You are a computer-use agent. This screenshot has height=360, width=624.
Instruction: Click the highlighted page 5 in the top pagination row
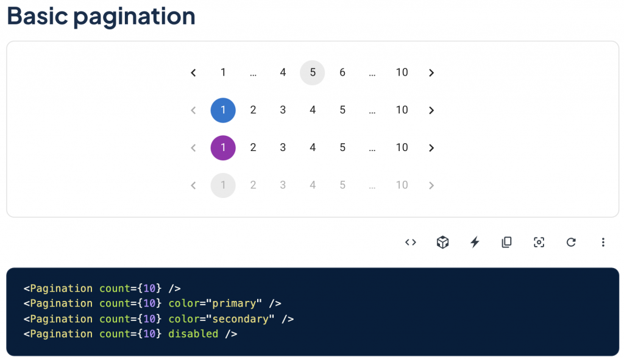312,72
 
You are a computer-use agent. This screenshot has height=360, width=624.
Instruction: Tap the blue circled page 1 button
223,110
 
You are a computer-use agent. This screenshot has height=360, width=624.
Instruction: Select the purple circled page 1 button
223,148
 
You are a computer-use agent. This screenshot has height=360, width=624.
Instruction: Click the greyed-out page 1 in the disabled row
223,185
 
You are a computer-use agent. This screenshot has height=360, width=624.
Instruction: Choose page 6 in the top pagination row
342,72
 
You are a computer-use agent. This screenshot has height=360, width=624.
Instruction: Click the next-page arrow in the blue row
431,110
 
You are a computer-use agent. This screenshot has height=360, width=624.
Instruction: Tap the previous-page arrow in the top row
193,72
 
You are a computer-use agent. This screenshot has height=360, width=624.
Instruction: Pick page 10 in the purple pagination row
402,148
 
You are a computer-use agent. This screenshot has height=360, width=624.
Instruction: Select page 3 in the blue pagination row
283,110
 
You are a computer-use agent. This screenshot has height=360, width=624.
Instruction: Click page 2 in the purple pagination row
253,148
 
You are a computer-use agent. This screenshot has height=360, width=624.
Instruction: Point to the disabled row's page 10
402,185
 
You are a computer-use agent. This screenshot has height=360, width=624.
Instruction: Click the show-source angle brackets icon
411,242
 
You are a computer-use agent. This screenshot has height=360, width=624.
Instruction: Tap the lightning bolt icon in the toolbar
475,242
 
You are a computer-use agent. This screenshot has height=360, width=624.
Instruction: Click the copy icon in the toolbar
506,242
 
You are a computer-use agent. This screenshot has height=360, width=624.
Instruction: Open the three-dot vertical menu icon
603,242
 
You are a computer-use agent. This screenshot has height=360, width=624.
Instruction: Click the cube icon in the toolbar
442,242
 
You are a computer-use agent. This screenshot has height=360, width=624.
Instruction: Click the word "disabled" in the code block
193,334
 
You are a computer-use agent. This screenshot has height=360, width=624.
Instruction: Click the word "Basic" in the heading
37,16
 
